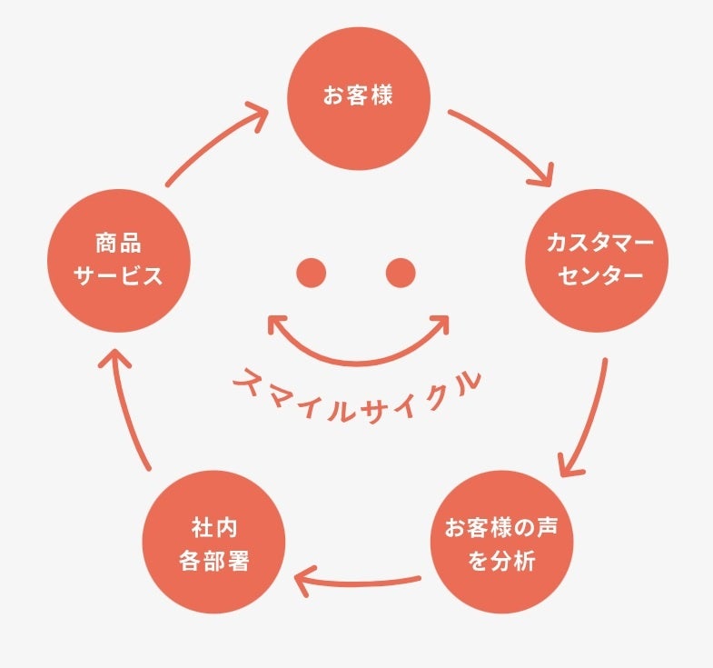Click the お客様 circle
pyautogui.click(x=358, y=97)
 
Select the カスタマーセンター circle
pyautogui.click(x=597, y=260)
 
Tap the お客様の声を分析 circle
pyautogui.click(x=501, y=543)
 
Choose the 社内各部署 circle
pyautogui.click(x=214, y=543)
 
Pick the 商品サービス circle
pyautogui.click(x=119, y=260)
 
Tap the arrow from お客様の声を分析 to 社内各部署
pyautogui.click(x=359, y=580)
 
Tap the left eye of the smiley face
pyautogui.click(x=311, y=272)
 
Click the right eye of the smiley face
pyautogui.click(x=401, y=272)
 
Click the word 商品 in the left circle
pyautogui.click(x=119, y=244)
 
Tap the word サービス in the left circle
pyautogui.click(x=119, y=275)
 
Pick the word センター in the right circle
pyautogui.click(x=597, y=275)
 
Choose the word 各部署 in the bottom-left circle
pyautogui.click(x=214, y=559)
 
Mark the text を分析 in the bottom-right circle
pyautogui.click(x=501, y=560)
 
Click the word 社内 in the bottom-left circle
pyautogui.click(x=214, y=527)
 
